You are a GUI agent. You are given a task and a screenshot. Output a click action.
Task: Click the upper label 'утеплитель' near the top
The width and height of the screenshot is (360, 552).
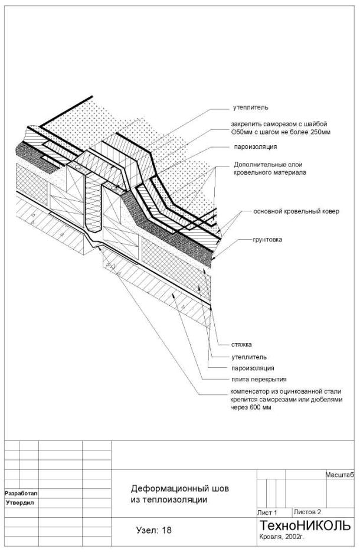click(x=250, y=108)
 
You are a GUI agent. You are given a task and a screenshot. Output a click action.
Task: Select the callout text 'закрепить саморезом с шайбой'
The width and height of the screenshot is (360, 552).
click(x=279, y=124)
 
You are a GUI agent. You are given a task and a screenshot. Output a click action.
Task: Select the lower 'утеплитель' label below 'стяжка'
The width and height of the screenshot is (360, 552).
click(x=249, y=357)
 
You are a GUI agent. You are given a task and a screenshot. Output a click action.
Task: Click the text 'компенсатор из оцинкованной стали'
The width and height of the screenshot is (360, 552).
click(x=286, y=391)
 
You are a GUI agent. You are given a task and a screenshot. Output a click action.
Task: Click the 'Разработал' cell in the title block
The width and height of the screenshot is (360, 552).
click(x=19, y=492)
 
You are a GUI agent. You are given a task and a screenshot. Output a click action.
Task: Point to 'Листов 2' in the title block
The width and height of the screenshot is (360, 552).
click(x=307, y=512)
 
